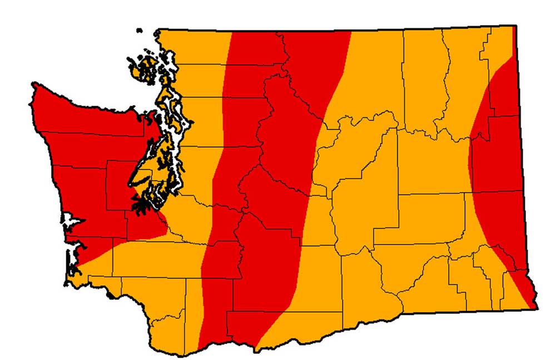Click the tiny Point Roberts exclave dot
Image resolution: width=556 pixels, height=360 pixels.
point(139,31)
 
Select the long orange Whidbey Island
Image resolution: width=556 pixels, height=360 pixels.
point(166,103)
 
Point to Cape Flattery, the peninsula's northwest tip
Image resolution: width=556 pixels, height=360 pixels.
point(34,85)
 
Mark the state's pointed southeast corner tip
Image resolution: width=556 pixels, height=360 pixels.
point(536,307)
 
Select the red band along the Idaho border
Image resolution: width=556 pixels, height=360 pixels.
point(498,167)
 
